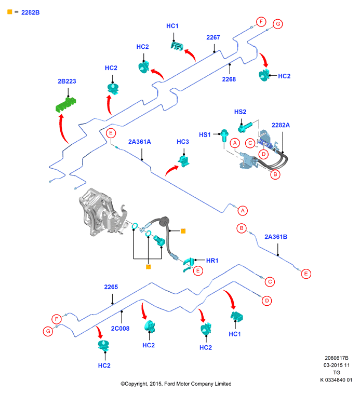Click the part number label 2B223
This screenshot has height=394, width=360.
[x=67, y=81]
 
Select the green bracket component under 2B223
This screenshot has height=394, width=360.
[x=65, y=105]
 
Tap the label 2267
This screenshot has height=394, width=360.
[x=213, y=37]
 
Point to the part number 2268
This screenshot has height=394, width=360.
[x=229, y=79]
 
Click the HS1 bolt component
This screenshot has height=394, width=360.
[x=224, y=135]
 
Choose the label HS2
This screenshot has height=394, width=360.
[x=240, y=112]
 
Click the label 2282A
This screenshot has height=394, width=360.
[x=281, y=125]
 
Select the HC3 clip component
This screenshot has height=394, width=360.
[x=184, y=161]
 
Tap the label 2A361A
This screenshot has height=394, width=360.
[x=140, y=142]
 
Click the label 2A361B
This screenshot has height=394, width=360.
[x=276, y=237]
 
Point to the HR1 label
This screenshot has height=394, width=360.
[x=212, y=261]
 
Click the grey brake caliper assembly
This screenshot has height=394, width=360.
[x=102, y=213]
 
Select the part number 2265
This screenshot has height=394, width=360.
[x=111, y=287]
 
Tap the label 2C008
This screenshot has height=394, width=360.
[x=120, y=329]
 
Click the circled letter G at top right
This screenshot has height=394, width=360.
[x=278, y=24]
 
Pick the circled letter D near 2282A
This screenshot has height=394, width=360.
[x=263, y=154]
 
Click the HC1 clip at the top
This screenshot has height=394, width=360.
[x=177, y=46]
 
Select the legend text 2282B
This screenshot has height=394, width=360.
[x=31, y=12]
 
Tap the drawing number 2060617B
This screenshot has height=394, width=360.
[x=337, y=358]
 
